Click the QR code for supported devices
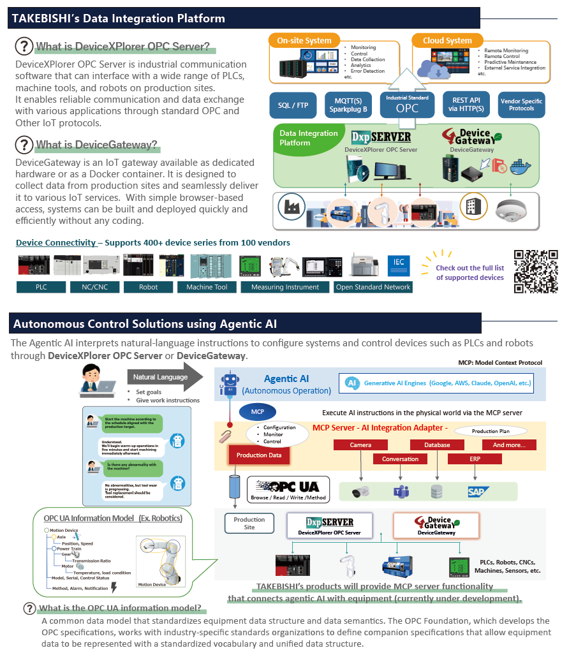tap(536, 271)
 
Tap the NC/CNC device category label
tap(95, 287)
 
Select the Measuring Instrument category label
tap(285, 287)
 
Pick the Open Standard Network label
tap(373, 287)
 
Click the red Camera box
tap(360, 445)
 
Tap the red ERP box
tap(474, 459)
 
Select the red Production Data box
tap(259, 455)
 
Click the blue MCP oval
tap(257, 411)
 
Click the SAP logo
tap(476, 492)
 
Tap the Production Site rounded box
tap(249, 524)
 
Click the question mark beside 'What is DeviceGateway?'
tap(24, 144)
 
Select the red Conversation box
tap(400, 459)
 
